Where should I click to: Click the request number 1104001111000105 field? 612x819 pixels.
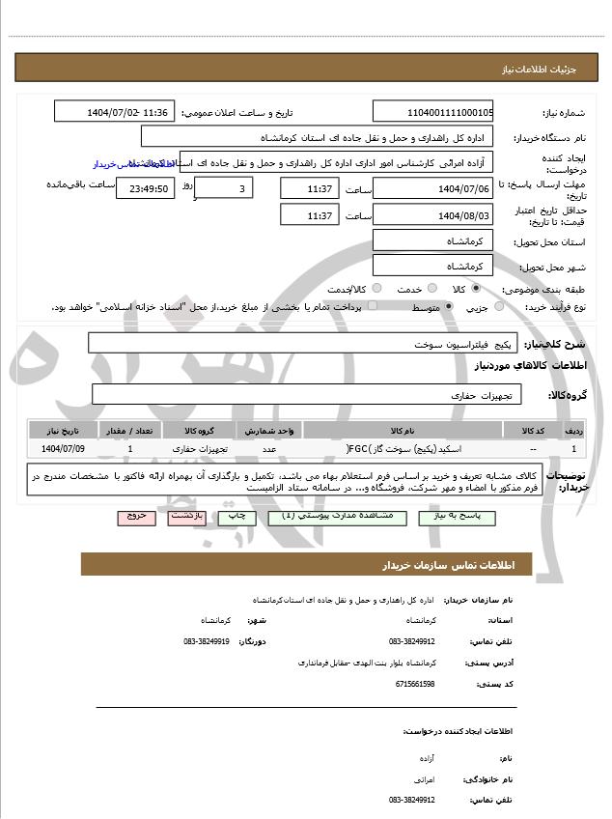[432, 112]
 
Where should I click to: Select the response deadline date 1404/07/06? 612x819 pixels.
[432, 187]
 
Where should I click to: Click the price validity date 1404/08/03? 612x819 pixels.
[432, 214]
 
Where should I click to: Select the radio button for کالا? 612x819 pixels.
[476, 288]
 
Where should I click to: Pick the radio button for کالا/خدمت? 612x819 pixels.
[376, 288]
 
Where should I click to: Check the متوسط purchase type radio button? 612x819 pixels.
[448, 306]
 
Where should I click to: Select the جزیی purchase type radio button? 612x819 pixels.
[499, 306]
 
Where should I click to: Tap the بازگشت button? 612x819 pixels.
[185, 517]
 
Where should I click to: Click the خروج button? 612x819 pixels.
[136, 517]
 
